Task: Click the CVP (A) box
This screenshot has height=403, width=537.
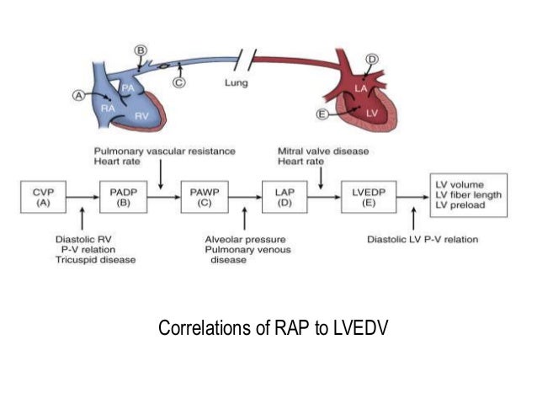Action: [x=42, y=197]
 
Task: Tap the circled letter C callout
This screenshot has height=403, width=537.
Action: [x=178, y=82]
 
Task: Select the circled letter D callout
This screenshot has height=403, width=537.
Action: [x=371, y=58]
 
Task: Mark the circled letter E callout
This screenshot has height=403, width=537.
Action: [x=322, y=114]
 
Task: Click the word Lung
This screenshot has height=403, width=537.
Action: [x=236, y=82]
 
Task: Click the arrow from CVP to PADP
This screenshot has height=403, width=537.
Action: [x=82, y=197]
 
